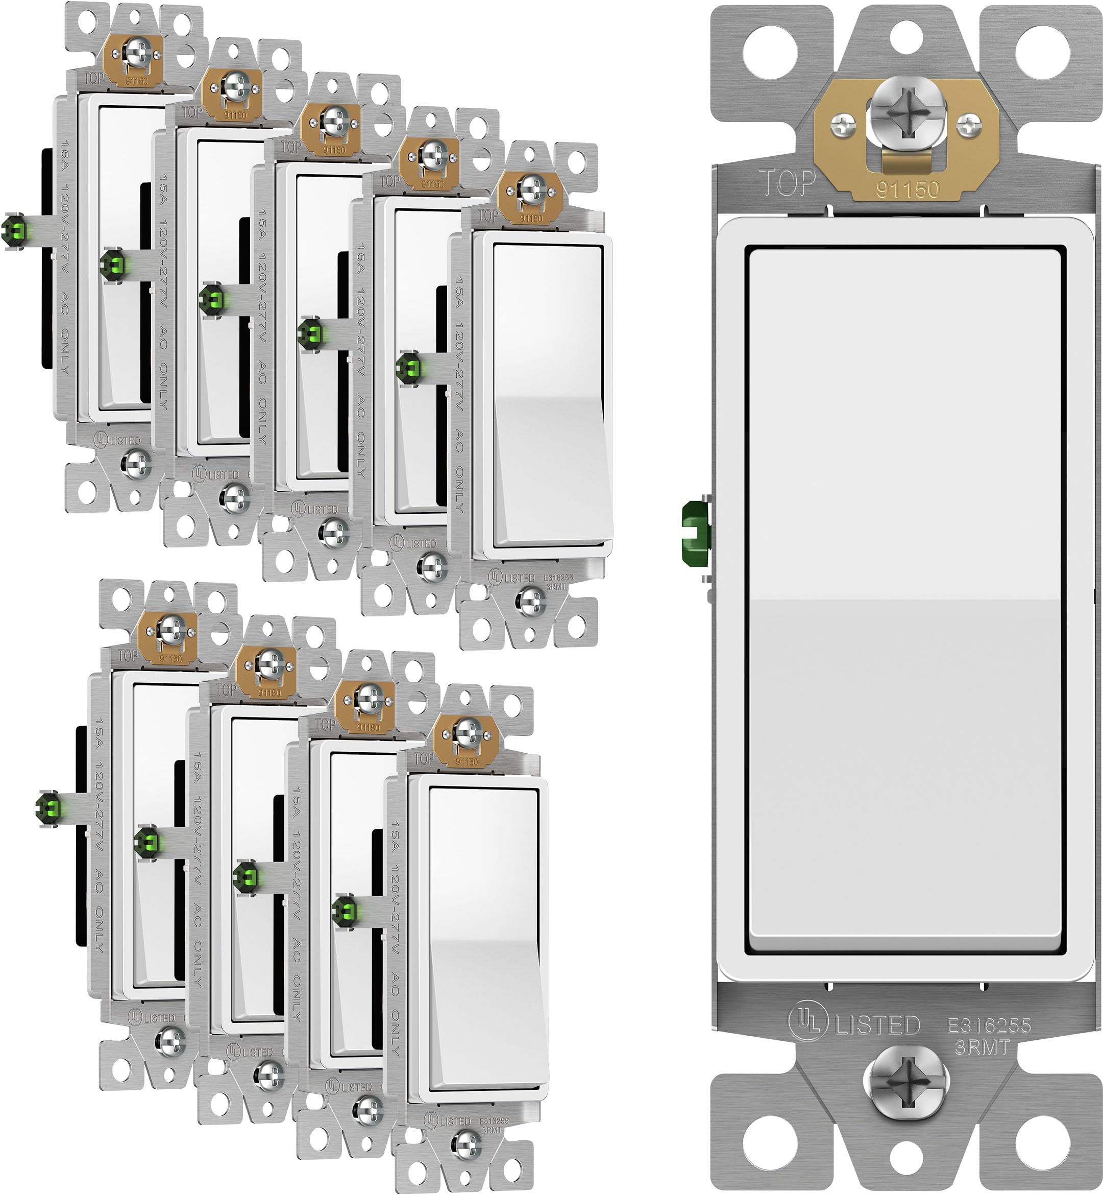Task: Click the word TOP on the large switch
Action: (x=787, y=182)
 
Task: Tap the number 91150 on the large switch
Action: (x=907, y=190)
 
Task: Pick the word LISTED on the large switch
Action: (x=877, y=1025)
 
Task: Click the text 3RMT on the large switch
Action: (x=982, y=1047)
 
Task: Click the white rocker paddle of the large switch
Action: (x=905, y=598)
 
